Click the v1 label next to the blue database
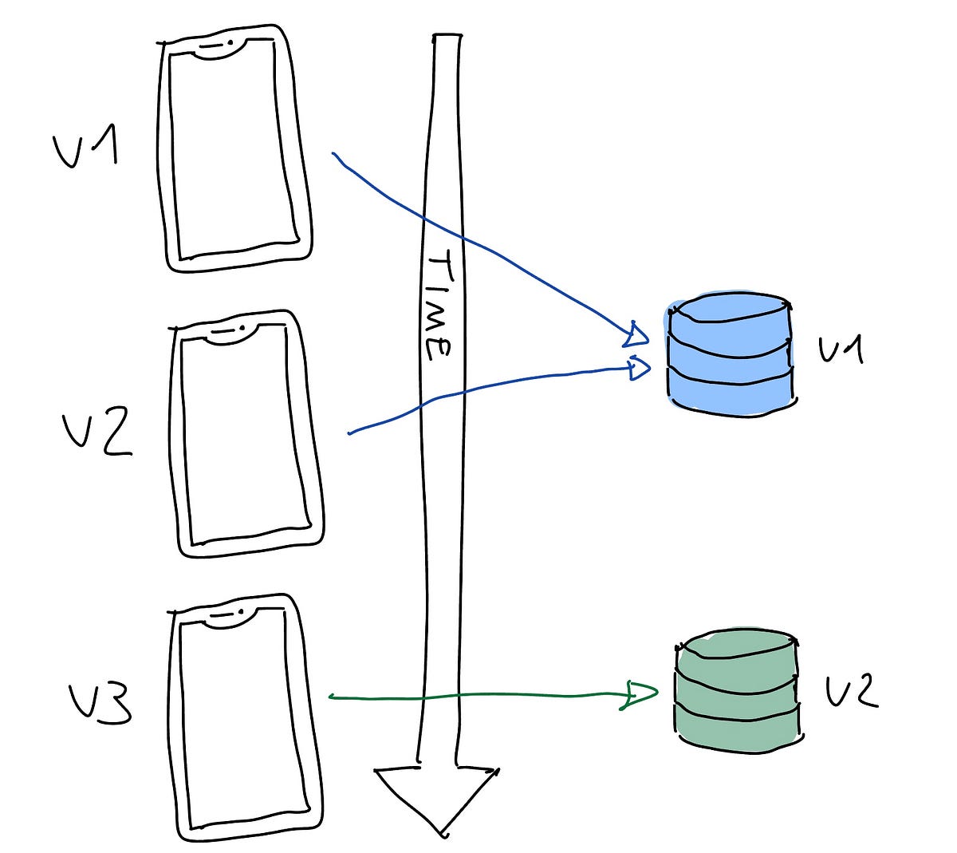841,349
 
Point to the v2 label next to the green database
852,691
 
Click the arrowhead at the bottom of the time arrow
438,798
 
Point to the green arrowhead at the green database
640,695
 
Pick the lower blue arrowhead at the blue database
639,369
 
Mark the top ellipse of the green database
736,646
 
